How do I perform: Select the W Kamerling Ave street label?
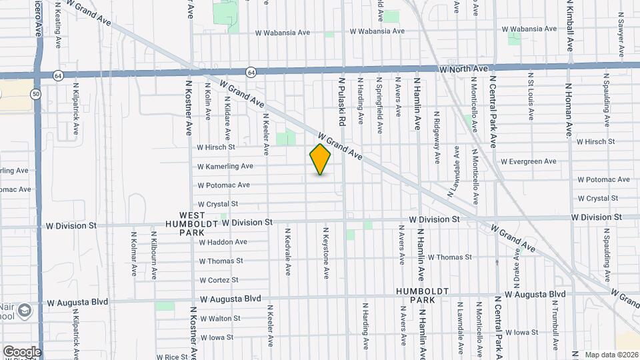225,166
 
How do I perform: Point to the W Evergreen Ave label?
528,161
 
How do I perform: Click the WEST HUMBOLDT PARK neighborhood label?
192,223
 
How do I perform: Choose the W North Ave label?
464,69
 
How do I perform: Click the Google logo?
22,351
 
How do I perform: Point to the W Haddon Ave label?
223,242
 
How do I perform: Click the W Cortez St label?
218,280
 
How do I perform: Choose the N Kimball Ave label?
570,27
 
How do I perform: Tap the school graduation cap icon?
25,311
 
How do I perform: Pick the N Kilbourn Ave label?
154,255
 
